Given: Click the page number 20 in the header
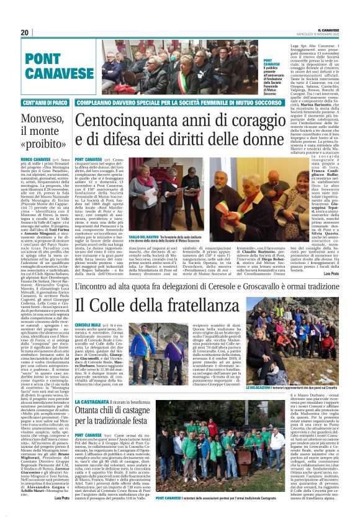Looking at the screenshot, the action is coord(25,32).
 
